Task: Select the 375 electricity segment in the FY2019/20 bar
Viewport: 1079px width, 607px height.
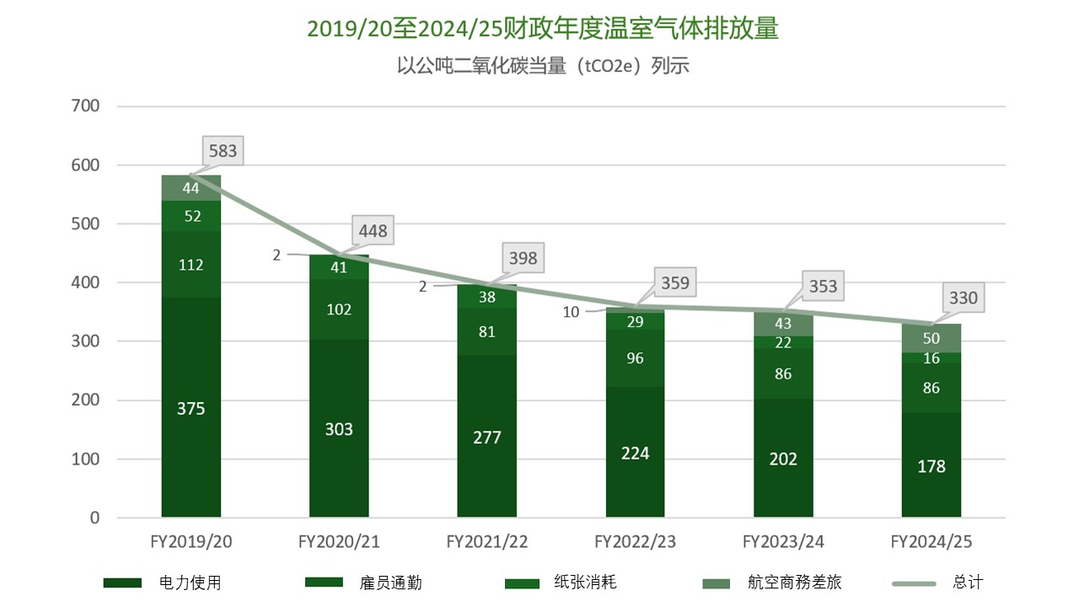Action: [x=191, y=408]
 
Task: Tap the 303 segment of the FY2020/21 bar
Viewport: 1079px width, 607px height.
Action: [x=339, y=429]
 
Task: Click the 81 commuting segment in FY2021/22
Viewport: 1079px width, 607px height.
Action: [x=487, y=331]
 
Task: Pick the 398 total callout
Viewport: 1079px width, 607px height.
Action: [x=523, y=258]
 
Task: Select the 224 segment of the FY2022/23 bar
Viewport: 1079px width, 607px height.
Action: [x=635, y=453]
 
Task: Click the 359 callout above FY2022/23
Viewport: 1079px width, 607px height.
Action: [x=674, y=283]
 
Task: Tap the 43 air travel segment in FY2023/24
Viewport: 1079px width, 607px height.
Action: [x=783, y=323]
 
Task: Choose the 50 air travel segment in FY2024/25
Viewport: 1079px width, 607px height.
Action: [x=931, y=338]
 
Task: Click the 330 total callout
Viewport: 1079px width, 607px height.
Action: [x=964, y=298]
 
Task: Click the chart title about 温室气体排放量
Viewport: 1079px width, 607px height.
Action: [x=542, y=29]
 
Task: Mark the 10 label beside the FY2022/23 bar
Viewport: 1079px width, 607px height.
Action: [x=572, y=312]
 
